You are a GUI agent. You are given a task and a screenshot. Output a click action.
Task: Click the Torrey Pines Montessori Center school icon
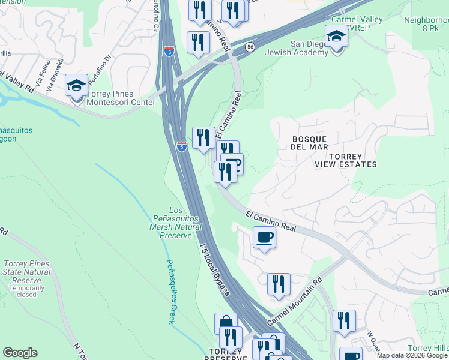click(77, 86)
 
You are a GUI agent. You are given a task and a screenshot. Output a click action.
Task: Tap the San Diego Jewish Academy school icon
click(336, 37)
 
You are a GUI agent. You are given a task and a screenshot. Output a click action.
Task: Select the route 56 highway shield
click(250, 46)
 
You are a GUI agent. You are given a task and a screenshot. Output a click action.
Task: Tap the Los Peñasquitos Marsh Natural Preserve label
click(175, 223)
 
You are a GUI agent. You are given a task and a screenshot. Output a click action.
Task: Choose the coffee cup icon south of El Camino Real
click(264, 238)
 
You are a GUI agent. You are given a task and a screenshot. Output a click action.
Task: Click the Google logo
click(20, 353)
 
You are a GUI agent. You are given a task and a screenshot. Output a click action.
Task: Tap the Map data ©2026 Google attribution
click(412, 355)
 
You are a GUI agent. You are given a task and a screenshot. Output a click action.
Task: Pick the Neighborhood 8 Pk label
click(426, 23)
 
